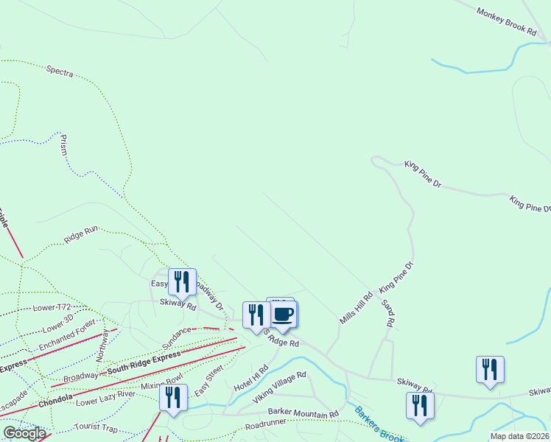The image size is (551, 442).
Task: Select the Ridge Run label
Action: click(81, 234)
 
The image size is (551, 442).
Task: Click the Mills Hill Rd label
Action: click(357, 308)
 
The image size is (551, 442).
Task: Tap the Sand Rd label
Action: click(387, 313)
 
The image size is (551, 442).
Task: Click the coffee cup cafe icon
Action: click(284, 315)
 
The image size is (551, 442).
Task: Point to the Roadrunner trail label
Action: click(266, 425)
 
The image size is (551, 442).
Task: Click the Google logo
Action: click(24, 433)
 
